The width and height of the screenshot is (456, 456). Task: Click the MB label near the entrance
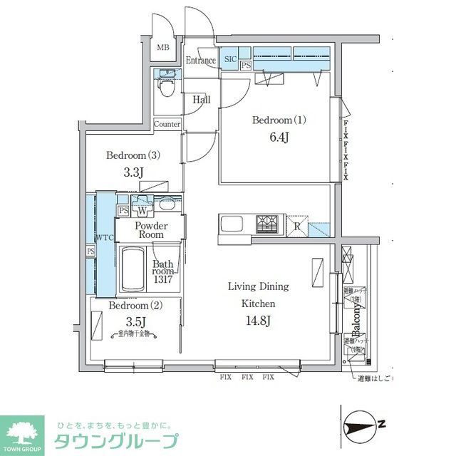coord(163,48)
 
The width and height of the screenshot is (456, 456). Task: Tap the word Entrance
coord(200,61)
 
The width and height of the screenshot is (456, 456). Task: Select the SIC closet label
coord(230,59)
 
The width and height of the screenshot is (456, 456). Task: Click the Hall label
coord(202,100)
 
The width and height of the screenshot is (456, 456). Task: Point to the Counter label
coord(167,124)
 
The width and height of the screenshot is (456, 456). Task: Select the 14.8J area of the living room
coord(258,321)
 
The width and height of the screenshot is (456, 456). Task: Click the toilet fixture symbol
coord(166,88)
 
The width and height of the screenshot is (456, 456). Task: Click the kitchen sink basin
coord(232,224)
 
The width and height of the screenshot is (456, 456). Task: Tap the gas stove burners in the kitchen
coord(268,224)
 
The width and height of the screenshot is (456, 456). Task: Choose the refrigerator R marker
coord(297,227)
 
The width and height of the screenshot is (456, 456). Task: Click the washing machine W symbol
coord(142,211)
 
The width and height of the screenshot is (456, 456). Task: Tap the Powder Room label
coord(150,229)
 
